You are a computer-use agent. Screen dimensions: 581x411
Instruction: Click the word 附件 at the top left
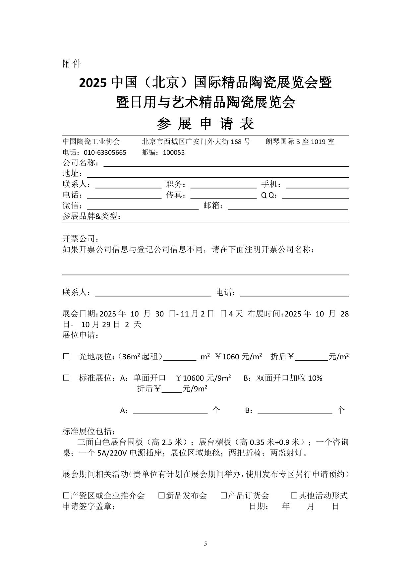pos(72,64)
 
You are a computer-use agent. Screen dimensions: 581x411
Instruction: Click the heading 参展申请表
pos(205,124)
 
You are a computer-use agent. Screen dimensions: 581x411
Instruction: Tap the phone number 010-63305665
pos(105,153)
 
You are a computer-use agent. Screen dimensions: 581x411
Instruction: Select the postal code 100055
pos(174,153)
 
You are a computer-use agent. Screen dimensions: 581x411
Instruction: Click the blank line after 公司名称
pos(226,163)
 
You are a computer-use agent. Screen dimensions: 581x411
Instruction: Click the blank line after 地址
pos(218,174)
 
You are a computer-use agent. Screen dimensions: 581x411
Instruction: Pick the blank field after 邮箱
pos(288,206)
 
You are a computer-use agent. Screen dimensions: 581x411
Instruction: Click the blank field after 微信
pos(143,206)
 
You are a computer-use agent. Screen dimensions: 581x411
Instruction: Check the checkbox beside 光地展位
pos(66,357)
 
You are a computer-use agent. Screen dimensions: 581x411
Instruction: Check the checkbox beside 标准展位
pos(66,378)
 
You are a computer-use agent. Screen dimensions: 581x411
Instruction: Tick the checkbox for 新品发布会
pos(161,496)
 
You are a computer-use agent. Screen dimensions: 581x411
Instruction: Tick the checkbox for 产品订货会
pos(224,496)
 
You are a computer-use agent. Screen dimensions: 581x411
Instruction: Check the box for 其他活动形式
pos(294,496)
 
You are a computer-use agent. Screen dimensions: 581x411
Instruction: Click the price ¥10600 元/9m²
pos(203,378)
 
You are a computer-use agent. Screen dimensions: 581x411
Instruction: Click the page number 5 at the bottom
pos(206,544)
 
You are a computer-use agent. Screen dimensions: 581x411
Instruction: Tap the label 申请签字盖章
pos(89,506)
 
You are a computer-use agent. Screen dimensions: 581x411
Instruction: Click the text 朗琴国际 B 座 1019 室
pos(300,142)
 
